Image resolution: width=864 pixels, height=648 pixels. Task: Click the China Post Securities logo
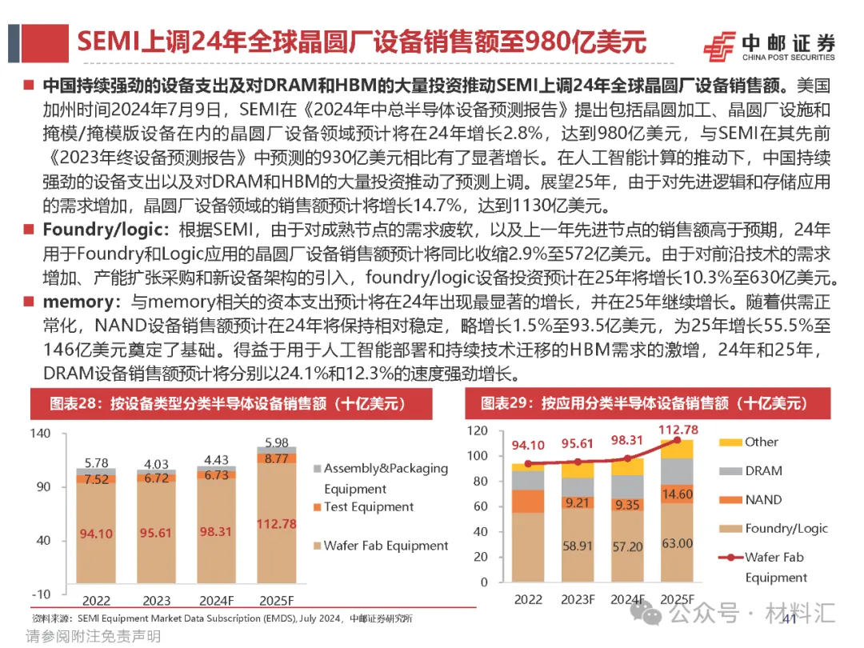(x=767, y=46)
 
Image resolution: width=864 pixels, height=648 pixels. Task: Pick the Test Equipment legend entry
(x=369, y=507)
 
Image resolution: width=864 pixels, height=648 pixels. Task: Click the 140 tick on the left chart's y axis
(x=39, y=434)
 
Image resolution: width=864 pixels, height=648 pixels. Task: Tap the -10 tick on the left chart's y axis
(x=39, y=594)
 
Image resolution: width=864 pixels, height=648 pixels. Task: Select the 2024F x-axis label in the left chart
(x=218, y=601)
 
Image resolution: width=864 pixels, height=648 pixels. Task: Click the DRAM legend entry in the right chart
(x=762, y=471)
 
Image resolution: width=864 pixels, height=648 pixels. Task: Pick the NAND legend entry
(x=762, y=500)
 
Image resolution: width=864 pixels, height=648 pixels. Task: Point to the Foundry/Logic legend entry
(x=786, y=529)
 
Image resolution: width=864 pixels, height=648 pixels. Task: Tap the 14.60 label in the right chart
(x=678, y=494)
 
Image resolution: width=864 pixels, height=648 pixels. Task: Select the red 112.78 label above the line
(x=677, y=430)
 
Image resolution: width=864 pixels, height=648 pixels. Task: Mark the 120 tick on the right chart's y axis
(x=477, y=431)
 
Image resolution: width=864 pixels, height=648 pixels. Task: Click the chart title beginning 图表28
(x=228, y=404)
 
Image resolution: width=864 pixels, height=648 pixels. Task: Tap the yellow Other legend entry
(x=761, y=442)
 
